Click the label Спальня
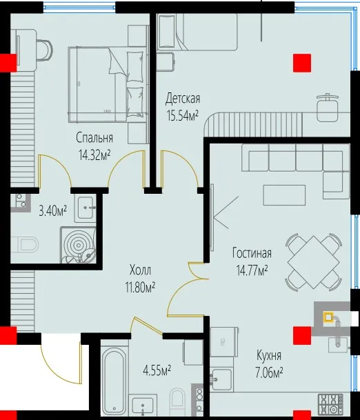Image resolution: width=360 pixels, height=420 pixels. coord(94,138)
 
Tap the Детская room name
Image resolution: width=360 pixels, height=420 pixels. coord(183,99)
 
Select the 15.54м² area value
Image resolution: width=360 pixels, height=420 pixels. coord(182,115)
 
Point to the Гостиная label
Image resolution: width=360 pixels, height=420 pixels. coord(252,253)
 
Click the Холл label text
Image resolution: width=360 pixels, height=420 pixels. coord(140,270)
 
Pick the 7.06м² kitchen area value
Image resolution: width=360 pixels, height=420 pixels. coord(269,372)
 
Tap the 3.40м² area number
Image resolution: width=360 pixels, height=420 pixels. coord(53,211)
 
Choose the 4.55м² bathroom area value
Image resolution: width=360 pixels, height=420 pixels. coord(157,371)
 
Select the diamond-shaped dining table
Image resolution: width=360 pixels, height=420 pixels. coord(314,261)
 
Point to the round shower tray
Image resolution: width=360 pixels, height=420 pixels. coord(78,245)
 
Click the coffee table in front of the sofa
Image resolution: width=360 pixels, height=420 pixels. coord(284,195)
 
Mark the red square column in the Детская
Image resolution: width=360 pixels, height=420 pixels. coord(302,63)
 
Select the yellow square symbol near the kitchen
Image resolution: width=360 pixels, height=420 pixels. coord(328,317)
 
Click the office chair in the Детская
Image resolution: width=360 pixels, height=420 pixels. coord(328,107)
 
